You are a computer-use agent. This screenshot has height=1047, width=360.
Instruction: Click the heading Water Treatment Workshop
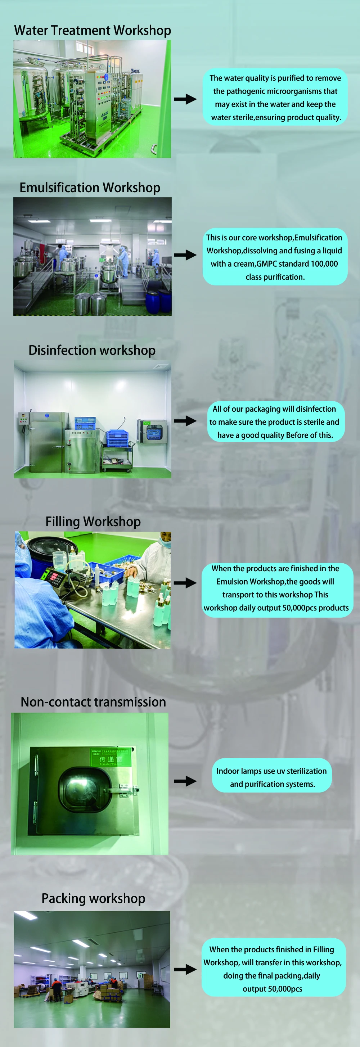(x=93, y=31)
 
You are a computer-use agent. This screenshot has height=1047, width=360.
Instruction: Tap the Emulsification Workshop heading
(x=90, y=188)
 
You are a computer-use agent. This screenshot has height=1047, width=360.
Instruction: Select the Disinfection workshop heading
(x=92, y=350)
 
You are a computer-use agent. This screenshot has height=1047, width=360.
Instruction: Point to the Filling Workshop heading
(x=93, y=522)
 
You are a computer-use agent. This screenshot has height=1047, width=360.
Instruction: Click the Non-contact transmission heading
(x=94, y=702)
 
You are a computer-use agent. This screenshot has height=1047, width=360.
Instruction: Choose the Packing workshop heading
(x=94, y=898)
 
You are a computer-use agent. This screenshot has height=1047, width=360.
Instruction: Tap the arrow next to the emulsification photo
(x=185, y=255)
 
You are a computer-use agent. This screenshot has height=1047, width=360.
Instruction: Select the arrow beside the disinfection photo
(x=185, y=421)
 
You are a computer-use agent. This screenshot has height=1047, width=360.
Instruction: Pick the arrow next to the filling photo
(x=185, y=582)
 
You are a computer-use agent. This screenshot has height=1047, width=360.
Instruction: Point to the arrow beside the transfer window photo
(x=185, y=781)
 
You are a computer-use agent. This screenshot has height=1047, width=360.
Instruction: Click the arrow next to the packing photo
(x=185, y=969)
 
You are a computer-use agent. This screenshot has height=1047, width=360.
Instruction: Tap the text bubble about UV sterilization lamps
(x=272, y=777)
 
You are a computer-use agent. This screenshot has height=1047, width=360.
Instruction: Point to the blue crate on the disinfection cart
(x=117, y=438)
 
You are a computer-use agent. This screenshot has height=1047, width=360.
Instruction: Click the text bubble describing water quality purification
(x=275, y=97)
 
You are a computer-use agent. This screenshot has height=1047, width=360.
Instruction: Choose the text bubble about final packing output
(x=274, y=969)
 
